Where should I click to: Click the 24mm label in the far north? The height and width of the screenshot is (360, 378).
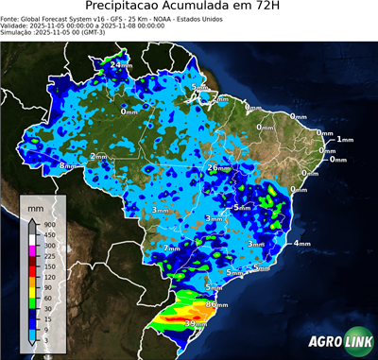[x=121, y=66]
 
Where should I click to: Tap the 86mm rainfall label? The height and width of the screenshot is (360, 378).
[x=216, y=305]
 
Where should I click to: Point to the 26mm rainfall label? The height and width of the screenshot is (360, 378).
[x=218, y=167]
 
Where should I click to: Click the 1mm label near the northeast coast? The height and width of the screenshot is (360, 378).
[x=344, y=139]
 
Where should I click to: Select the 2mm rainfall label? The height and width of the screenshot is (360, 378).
[x=98, y=156]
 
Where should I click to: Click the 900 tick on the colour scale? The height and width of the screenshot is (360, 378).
[x=49, y=224]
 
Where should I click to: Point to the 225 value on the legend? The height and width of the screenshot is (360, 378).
[x=49, y=255]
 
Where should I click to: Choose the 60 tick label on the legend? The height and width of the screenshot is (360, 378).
[x=47, y=298]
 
